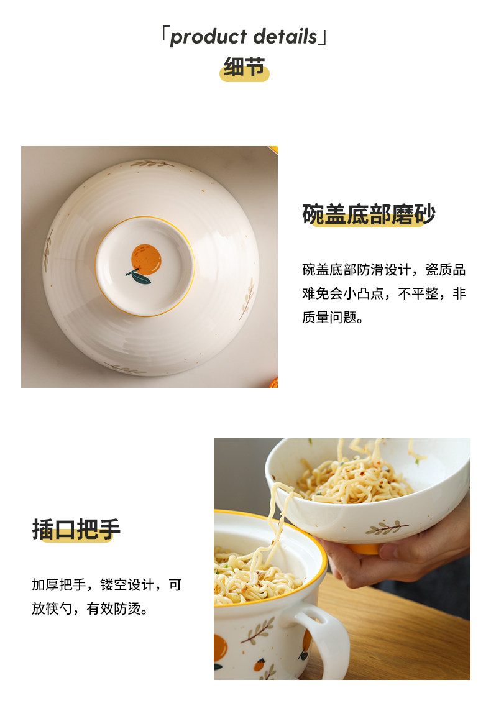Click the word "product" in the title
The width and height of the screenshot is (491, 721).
tap(208, 37)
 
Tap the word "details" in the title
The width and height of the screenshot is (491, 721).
tap(285, 36)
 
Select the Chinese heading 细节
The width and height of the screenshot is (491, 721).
tap(244, 67)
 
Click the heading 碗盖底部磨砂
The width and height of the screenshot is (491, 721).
tap(369, 214)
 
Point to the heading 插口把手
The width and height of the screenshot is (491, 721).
tap(76, 529)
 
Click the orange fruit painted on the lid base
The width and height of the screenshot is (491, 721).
tap(146, 259)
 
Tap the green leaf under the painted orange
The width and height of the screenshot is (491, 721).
tap(139, 277)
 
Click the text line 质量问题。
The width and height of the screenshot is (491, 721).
tap(333, 317)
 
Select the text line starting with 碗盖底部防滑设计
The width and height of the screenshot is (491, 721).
tap(384, 270)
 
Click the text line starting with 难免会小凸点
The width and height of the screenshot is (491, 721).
tap(384, 293)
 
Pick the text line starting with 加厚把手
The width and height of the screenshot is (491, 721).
tap(107, 585)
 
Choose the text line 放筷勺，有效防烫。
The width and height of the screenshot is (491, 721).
tap(90, 608)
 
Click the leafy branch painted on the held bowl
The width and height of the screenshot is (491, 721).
tap(386, 528)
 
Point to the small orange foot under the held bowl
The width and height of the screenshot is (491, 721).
tap(365, 549)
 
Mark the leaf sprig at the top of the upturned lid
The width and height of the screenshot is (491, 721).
tap(151, 163)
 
